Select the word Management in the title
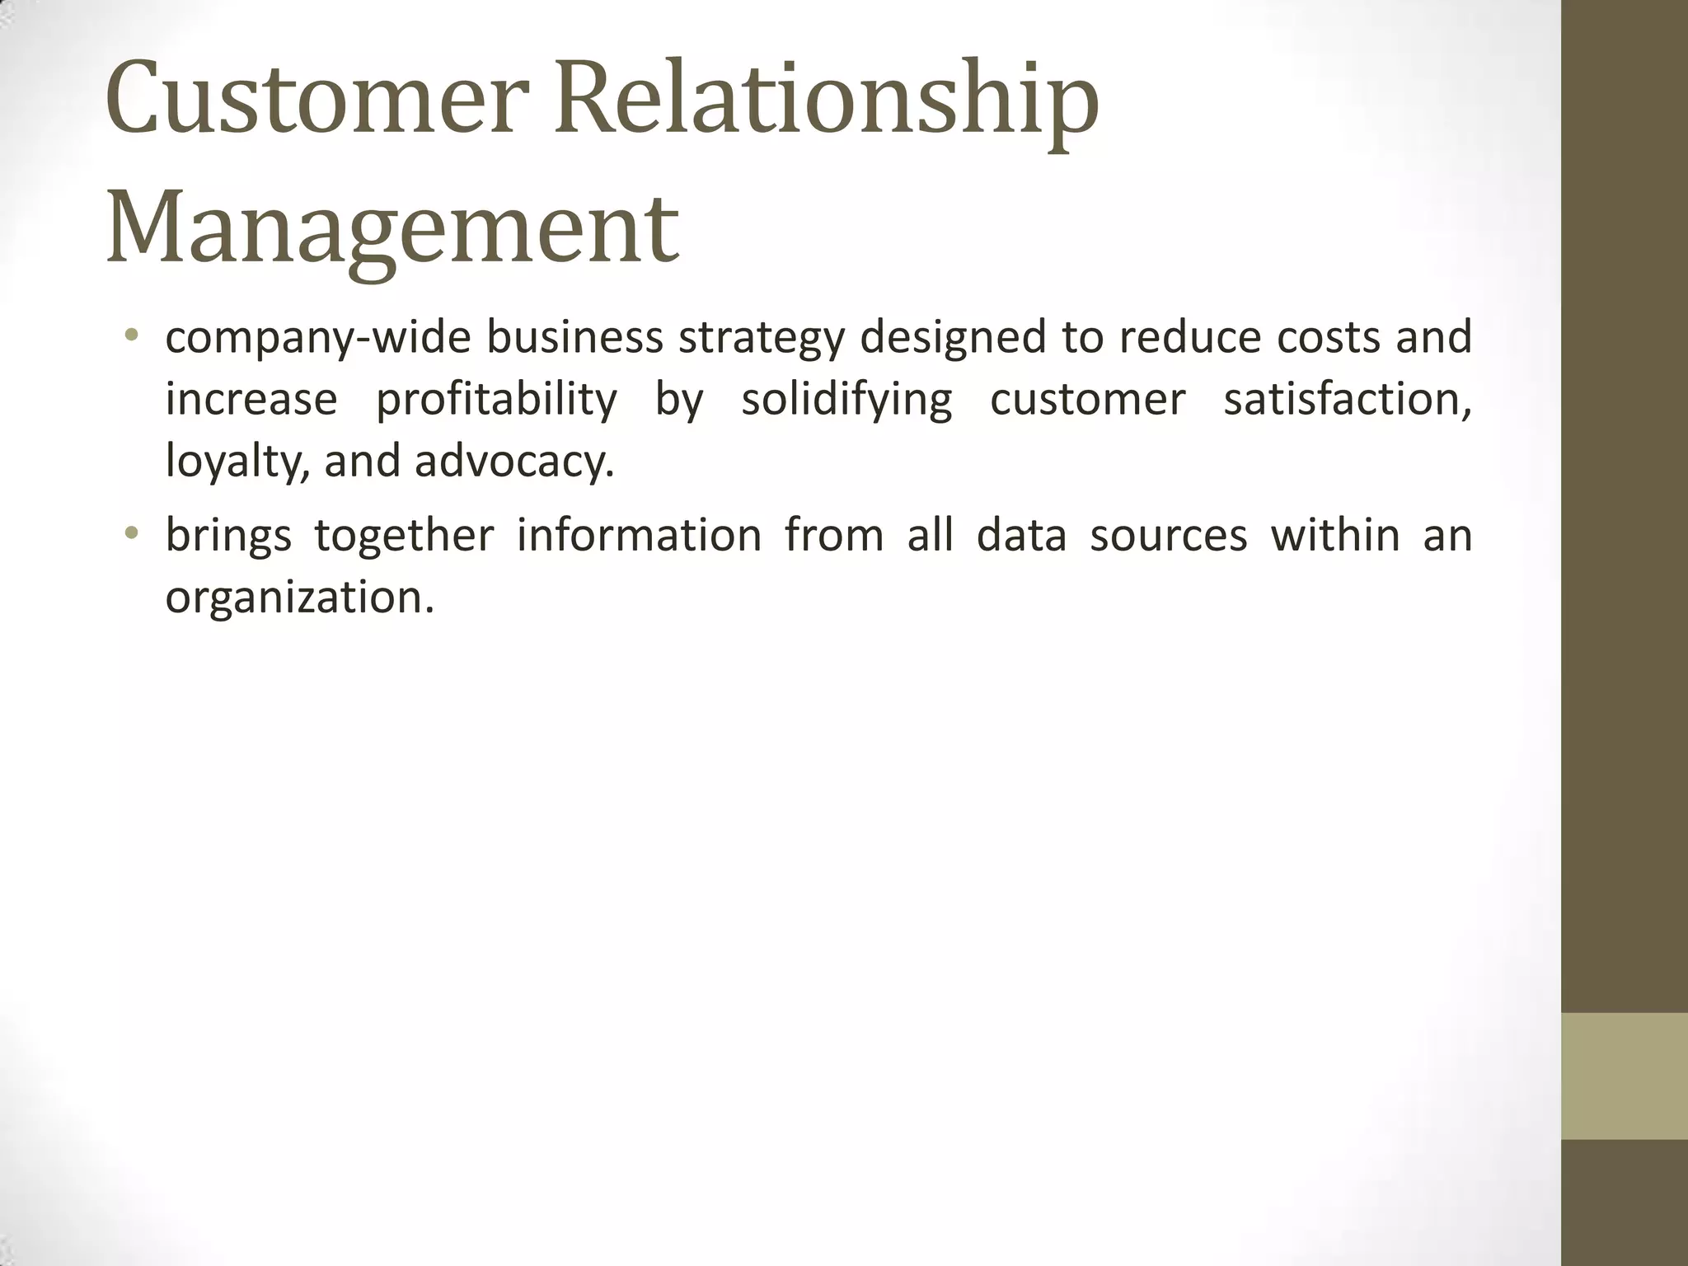392,227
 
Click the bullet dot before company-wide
131,335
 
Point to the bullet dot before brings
131,533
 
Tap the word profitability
496,401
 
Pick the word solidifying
846,401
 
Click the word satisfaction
1347,401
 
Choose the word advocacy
514,462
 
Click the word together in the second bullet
404,536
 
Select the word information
639,536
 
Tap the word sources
1168,536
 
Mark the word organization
299,597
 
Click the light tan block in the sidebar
1625,1076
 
